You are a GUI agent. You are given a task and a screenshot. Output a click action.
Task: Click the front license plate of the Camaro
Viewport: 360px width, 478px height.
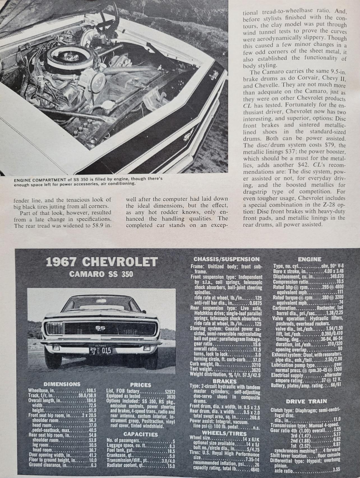100,350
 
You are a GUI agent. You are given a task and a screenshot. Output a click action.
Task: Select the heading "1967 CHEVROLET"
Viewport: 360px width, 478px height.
101,262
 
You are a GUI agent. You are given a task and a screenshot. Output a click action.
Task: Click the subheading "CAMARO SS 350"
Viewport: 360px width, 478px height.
101,274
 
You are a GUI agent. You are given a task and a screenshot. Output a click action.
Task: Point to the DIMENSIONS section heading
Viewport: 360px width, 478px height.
62,384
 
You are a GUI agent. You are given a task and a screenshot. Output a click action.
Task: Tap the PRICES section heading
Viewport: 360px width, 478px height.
140,385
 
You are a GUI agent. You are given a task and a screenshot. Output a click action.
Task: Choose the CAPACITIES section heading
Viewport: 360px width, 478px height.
140,434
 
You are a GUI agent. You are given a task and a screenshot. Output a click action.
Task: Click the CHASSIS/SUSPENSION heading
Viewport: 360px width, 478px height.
227,259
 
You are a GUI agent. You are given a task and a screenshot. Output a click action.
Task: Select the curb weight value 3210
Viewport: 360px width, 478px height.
255,365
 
